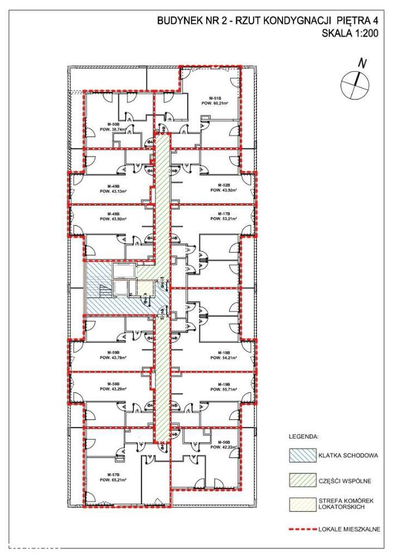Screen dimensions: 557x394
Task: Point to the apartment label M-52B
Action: [223, 185]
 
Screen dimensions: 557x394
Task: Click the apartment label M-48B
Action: [113, 214]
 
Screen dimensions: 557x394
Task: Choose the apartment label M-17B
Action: [223, 214]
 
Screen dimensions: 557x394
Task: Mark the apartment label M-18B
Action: [223, 352]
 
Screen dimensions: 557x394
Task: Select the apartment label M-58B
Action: [113, 384]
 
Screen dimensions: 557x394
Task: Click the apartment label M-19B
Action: [223, 384]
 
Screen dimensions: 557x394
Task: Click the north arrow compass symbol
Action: [355, 82]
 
